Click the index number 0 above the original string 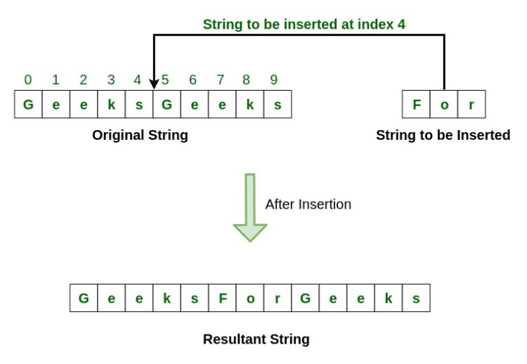point(28,79)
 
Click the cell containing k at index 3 point(112,105)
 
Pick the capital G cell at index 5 point(167,105)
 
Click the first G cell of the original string point(28,105)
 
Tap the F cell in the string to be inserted point(417,105)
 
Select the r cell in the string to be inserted point(471,105)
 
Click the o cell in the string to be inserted point(444,105)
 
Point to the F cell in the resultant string point(222,298)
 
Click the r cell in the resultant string point(278,298)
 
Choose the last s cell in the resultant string point(415,298)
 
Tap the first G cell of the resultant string point(84,298)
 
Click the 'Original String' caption point(140,135)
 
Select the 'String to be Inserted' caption point(443,135)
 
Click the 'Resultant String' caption point(256,339)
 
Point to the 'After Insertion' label point(308,204)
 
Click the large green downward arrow point(249,207)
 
